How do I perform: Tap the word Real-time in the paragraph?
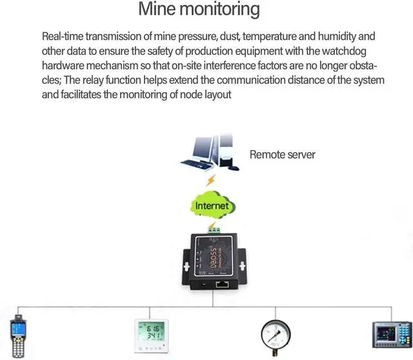pyautogui.click(x=63, y=36)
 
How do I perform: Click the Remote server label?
pyautogui.click(x=282, y=155)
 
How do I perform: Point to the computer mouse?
pyautogui.click(x=234, y=168)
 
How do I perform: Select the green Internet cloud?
pyautogui.click(x=212, y=206)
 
